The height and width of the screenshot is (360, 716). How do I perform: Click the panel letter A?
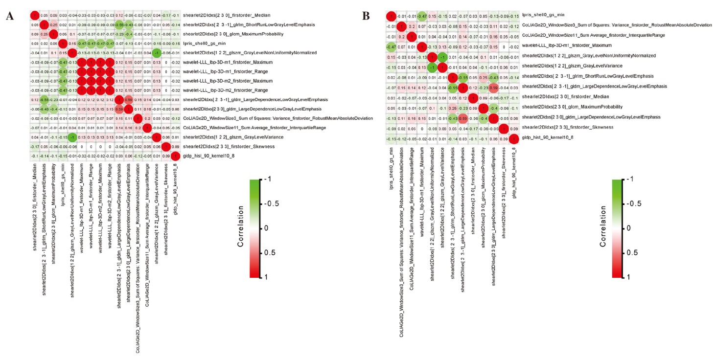9,16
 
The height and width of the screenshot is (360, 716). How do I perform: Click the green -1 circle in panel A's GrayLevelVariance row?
72,137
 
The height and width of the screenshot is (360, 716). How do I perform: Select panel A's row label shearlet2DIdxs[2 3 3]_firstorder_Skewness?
224,146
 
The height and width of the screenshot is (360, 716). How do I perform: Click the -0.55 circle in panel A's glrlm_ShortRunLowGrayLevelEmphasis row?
119,24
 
